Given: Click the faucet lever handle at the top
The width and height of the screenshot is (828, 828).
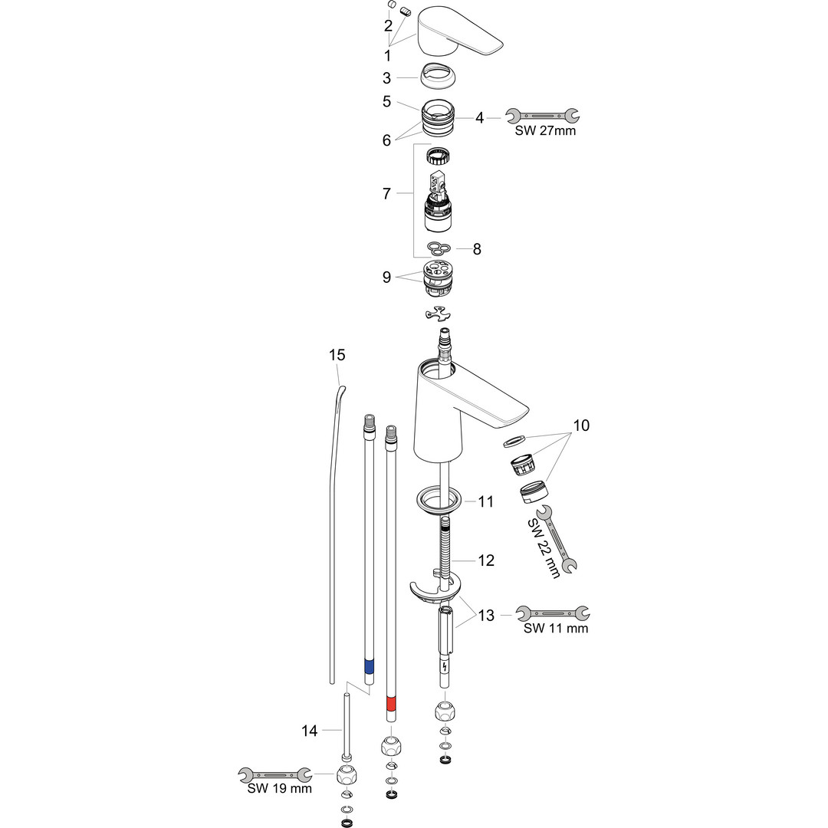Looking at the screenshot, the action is point(457,33).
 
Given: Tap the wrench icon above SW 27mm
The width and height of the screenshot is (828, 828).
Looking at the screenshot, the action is point(542,115).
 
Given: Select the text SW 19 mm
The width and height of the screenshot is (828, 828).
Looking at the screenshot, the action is point(279,788).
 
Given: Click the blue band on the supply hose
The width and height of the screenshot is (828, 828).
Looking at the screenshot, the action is point(369,665).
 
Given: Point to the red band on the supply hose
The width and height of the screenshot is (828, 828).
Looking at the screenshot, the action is point(391,705).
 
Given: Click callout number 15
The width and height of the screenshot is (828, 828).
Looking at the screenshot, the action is point(337,355).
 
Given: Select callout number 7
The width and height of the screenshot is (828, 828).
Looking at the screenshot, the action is point(386,194).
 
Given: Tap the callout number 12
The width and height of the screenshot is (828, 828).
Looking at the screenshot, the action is point(486,560).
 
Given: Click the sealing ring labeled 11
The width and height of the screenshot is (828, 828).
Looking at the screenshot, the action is point(439,501).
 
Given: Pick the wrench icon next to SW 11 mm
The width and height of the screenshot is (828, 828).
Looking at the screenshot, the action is point(553,613).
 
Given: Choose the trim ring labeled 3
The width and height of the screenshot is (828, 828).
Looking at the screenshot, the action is point(438,77).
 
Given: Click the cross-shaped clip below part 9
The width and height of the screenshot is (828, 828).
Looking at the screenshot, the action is point(439,314).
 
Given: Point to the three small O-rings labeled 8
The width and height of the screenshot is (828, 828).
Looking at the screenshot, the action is point(439,247).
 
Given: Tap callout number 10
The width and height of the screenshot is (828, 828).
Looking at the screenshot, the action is point(581,425).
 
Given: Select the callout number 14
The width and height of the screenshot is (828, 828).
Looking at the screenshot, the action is point(310,731).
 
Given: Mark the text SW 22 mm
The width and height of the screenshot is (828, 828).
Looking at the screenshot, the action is point(543,549).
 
